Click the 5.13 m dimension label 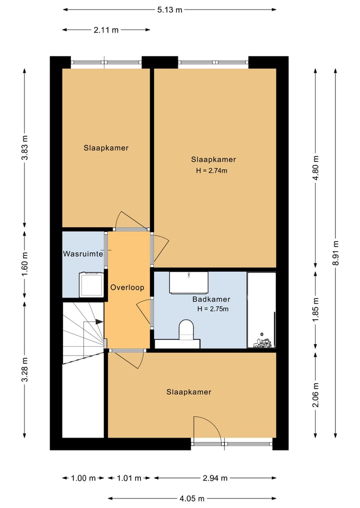[169, 9]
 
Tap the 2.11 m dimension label [106, 30]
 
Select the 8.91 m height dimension [335, 253]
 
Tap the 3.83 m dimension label [25, 147]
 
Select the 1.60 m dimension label [25, 264]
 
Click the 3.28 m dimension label [25, 370]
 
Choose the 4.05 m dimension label [192, 499]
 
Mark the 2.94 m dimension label [215, 478]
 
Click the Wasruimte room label [83, 254]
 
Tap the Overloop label [127, 287]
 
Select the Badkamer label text [211, 299]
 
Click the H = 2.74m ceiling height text [211, 170]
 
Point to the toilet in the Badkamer [186, 330]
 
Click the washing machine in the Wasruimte [91, 284]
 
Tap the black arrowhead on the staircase [99, 322]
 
